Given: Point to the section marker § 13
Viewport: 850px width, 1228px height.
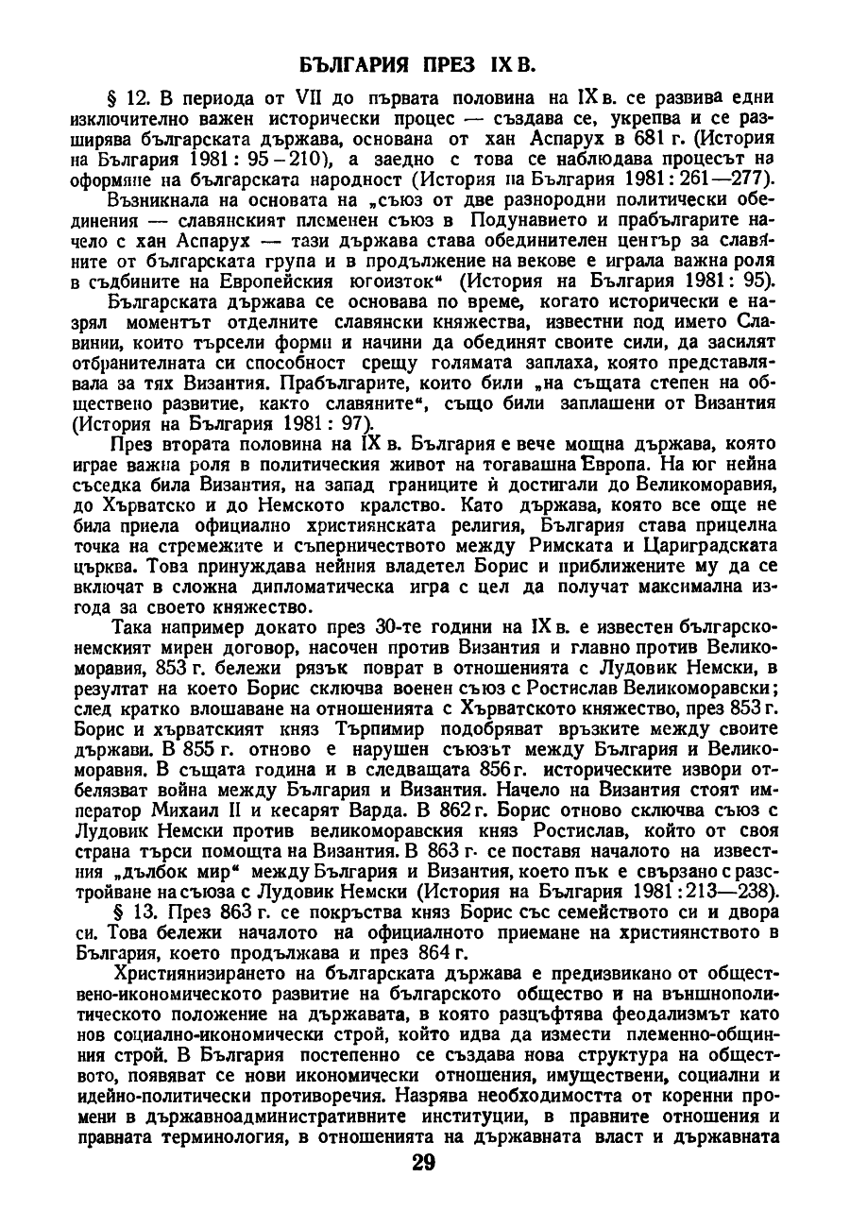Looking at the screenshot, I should click(x=128, y=911).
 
